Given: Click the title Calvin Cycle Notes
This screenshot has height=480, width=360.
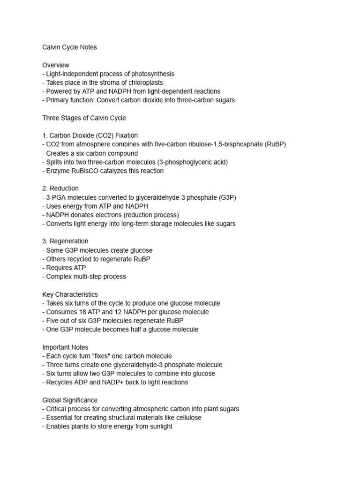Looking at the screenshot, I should point(69,47).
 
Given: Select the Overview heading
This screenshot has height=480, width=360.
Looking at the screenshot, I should point(56,65).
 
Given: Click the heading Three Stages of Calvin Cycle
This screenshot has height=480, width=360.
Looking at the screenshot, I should point(84,118).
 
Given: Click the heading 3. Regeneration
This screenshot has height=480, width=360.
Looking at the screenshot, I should point(65,241).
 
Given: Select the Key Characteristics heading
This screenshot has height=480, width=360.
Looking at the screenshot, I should point(70,294).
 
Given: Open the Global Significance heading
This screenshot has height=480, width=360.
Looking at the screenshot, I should point(70,400).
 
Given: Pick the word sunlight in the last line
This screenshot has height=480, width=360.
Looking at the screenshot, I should point(159,426).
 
